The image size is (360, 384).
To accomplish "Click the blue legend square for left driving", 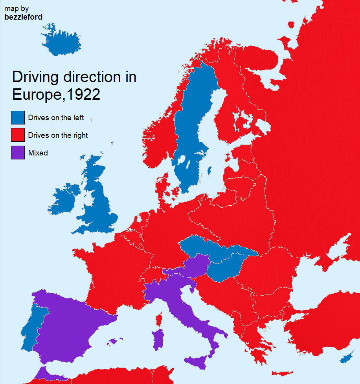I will (18, 118).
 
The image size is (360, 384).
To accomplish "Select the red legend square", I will (18, 135).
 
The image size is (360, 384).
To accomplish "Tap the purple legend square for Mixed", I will (18, 153).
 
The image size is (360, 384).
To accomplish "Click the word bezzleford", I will (23, 17).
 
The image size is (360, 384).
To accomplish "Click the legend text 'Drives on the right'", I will (58, 135).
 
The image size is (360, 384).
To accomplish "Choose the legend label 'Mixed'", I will (38, 153).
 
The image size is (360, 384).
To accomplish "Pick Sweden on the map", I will (193, 126).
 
